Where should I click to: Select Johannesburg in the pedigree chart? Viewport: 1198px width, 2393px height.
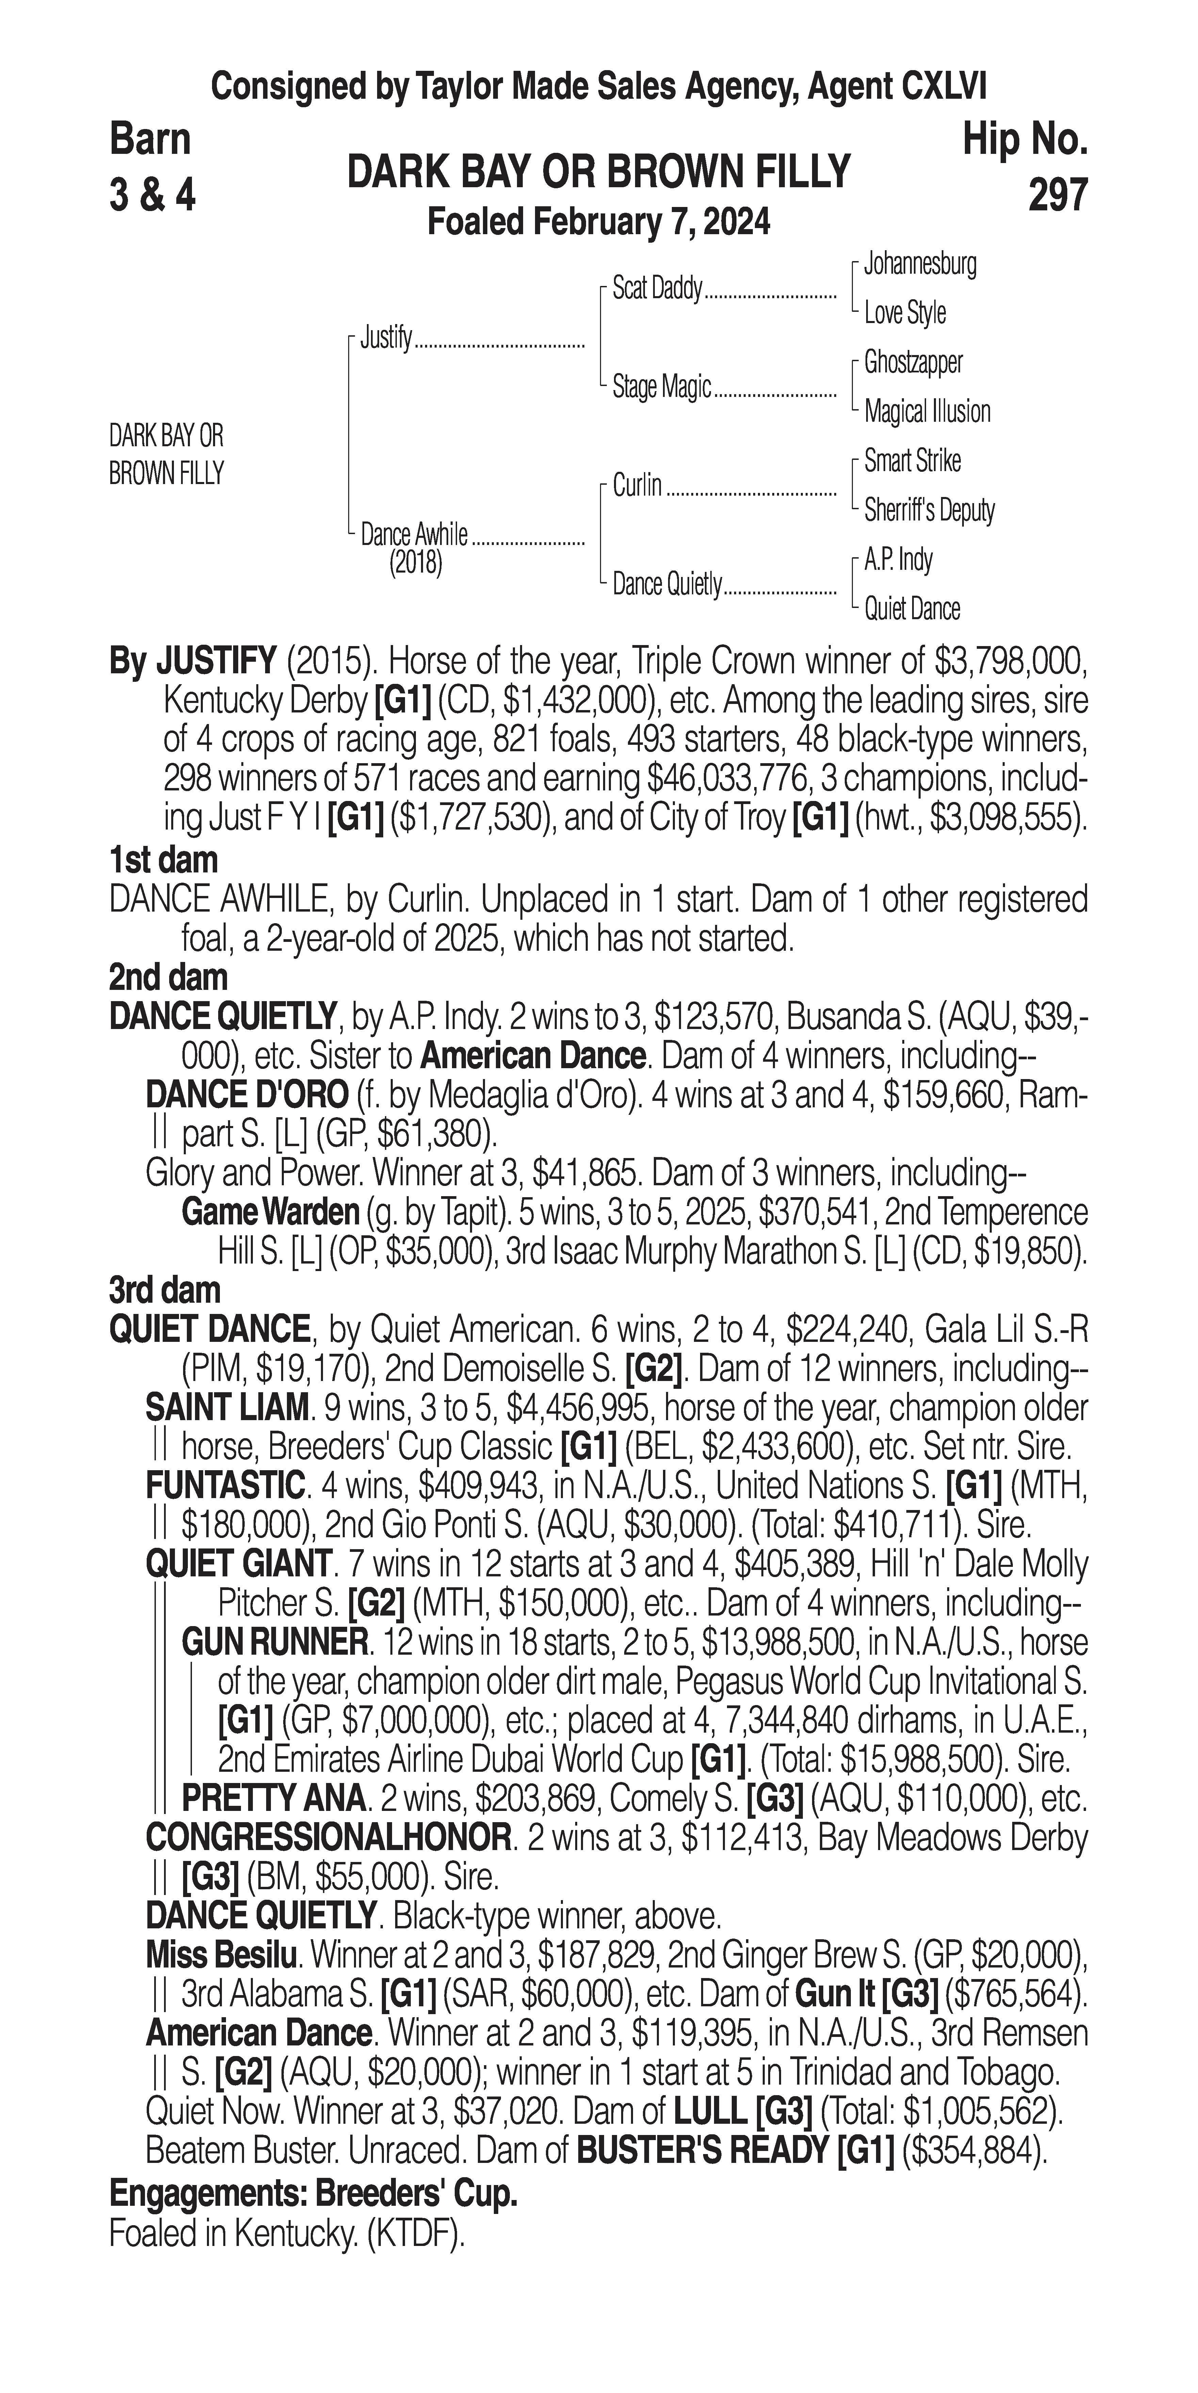point(919,265)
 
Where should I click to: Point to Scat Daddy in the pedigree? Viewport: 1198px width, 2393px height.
point(657,289)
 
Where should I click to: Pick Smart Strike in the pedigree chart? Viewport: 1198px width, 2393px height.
point(912,461)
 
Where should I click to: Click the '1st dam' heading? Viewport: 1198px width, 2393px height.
point(163,860)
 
